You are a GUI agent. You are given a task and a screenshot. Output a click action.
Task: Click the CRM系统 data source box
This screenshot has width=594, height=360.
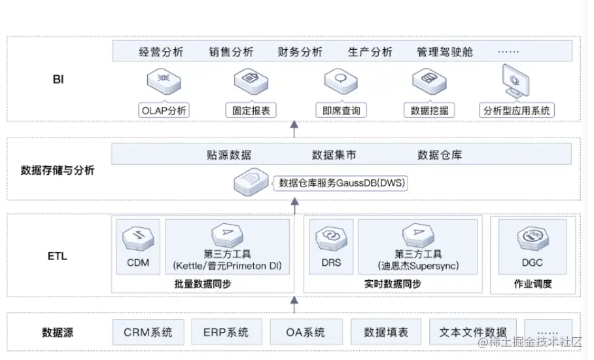[x=148, y=332]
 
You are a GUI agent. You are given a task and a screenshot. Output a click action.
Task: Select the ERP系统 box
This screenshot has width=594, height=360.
[x=227, y=332]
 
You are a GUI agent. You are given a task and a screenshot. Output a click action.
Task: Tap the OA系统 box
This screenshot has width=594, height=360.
[x=306, y=332]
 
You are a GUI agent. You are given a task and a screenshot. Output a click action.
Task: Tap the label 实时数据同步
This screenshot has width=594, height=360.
[x=393, y=283]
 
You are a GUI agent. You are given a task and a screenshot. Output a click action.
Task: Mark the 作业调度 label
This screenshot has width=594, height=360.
[x=533, y=283]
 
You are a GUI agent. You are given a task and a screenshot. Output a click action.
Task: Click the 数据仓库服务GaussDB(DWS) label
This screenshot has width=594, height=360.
[x=342, y=183]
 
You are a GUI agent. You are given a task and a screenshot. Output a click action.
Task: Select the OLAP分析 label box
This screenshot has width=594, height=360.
[x=164, y=111]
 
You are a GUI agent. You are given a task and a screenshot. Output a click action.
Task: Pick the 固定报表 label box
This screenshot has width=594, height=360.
[x=247, y=111]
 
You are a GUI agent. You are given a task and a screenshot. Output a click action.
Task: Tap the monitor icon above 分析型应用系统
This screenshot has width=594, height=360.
[x=515, y=81]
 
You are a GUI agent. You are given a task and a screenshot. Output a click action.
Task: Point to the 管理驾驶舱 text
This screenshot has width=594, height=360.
[x=444, y=52]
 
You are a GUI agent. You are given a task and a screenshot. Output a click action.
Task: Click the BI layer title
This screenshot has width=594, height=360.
[x=58, y=80]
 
